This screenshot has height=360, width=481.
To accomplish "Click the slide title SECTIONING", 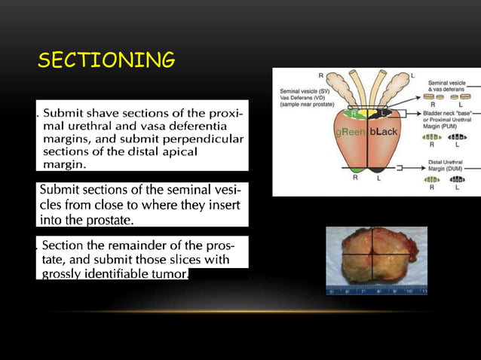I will [106, 59].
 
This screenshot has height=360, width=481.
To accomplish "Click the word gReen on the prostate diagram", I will [351, 132].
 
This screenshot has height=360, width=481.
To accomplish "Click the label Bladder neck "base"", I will [450, 112].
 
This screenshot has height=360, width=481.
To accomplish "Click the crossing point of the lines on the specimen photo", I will [372, 255].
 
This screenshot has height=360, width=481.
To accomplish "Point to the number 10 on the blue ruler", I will [409, 290].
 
